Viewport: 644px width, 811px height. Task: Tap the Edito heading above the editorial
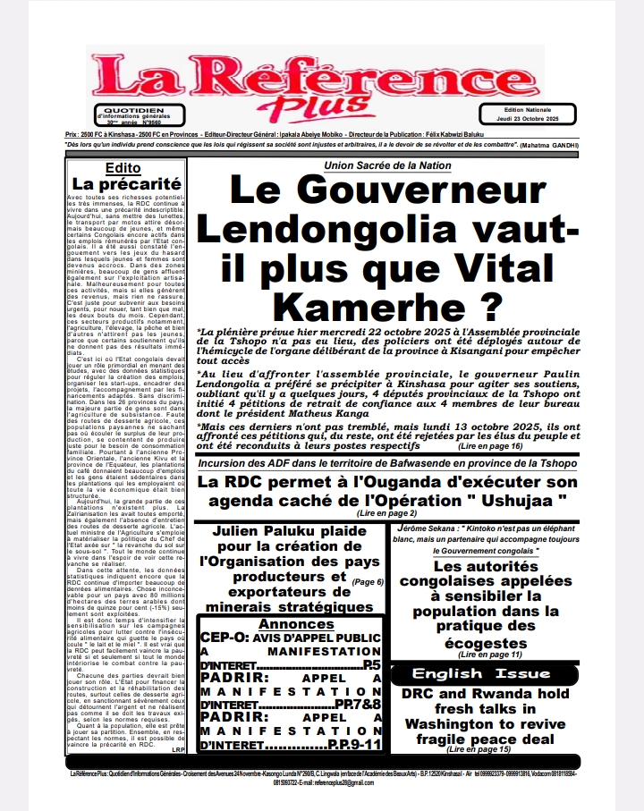pyautogui.click(x=123, y=167)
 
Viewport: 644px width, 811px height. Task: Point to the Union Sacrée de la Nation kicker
pyautogui.click(x=386, y=165)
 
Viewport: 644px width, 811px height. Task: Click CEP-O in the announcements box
pyautogui.click(x=225, y=614)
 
